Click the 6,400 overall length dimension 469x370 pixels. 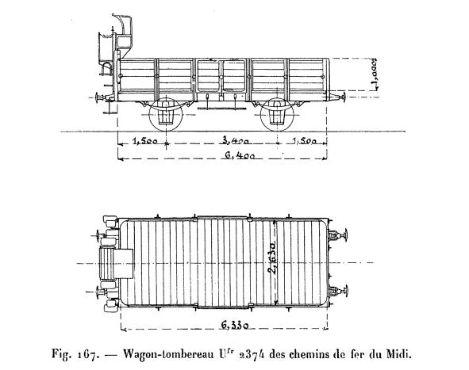click(240, 155)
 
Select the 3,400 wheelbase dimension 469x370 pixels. click(236, 141)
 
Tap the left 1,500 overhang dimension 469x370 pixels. click(144, 141)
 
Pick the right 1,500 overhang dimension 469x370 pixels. click(304, 141)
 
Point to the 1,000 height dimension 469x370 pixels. click(375, 73)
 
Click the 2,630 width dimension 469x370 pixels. click(272, 258)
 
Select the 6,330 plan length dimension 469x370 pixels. click(235, 325)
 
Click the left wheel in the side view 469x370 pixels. click(165, 114)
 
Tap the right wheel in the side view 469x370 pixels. click(278, 114)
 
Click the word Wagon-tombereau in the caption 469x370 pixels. click(169, 355)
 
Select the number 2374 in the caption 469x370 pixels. click(251, 355)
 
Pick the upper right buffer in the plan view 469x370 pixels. click(338, 236)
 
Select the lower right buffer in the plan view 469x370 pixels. click(338, 291)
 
